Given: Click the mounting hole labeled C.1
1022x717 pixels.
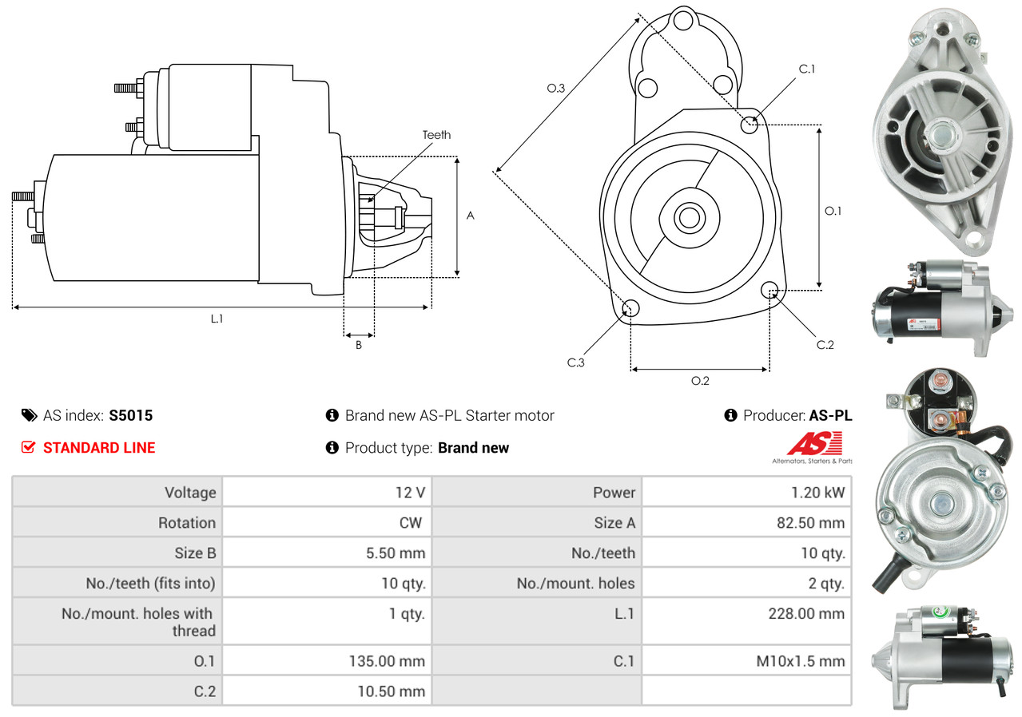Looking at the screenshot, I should pyautogui.click(x=750, y=125).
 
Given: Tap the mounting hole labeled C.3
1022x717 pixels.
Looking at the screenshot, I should pyautogui.click(x=630, y=309).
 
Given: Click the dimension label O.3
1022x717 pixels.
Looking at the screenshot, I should pyautogui.click(x=556, y=89).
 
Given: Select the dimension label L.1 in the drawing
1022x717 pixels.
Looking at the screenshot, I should pyautogui.click(x=217, y=319).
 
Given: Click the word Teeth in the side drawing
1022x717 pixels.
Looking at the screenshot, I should pyautogui.click(x=436, y=135).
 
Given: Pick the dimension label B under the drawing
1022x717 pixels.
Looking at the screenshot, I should pyautogui.click(x=359, y=346).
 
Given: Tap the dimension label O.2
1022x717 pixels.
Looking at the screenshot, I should pyautogui.click(x=700, y=381).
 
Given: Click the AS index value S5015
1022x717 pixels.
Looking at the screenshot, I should pyautogui.click(x=130, y=415).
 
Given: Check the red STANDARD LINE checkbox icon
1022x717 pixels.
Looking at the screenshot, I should pyautogui.click(x=28, y=447).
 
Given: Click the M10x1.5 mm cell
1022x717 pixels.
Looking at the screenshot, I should pyautogui.click(x=799, y=661).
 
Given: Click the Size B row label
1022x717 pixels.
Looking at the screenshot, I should pyautogui.click(x=195, y=553).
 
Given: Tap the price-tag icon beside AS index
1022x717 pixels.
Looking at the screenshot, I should pyautogui.click(x=29, y=415).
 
